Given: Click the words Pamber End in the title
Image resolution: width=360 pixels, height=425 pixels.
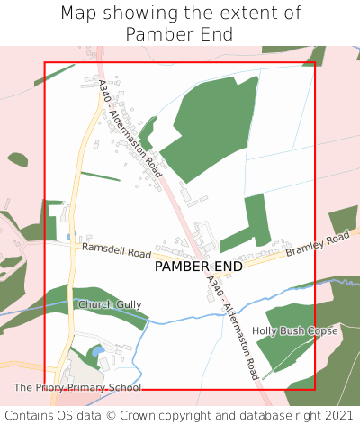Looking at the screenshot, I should (179, 34).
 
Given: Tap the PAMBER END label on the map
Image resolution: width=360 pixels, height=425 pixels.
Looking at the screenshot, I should (198, 267).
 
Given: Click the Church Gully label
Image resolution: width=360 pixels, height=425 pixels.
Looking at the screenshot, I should (110, 305).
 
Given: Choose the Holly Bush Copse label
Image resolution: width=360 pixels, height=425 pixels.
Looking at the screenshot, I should (294, 331).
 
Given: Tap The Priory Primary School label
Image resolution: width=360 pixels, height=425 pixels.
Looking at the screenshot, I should (77, 388).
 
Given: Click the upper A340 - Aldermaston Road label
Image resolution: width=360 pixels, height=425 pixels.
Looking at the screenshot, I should (135, 140).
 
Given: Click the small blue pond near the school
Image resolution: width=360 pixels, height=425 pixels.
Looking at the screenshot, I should (98, 349).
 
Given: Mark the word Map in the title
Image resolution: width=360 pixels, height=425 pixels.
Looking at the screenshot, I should (77, 14).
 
